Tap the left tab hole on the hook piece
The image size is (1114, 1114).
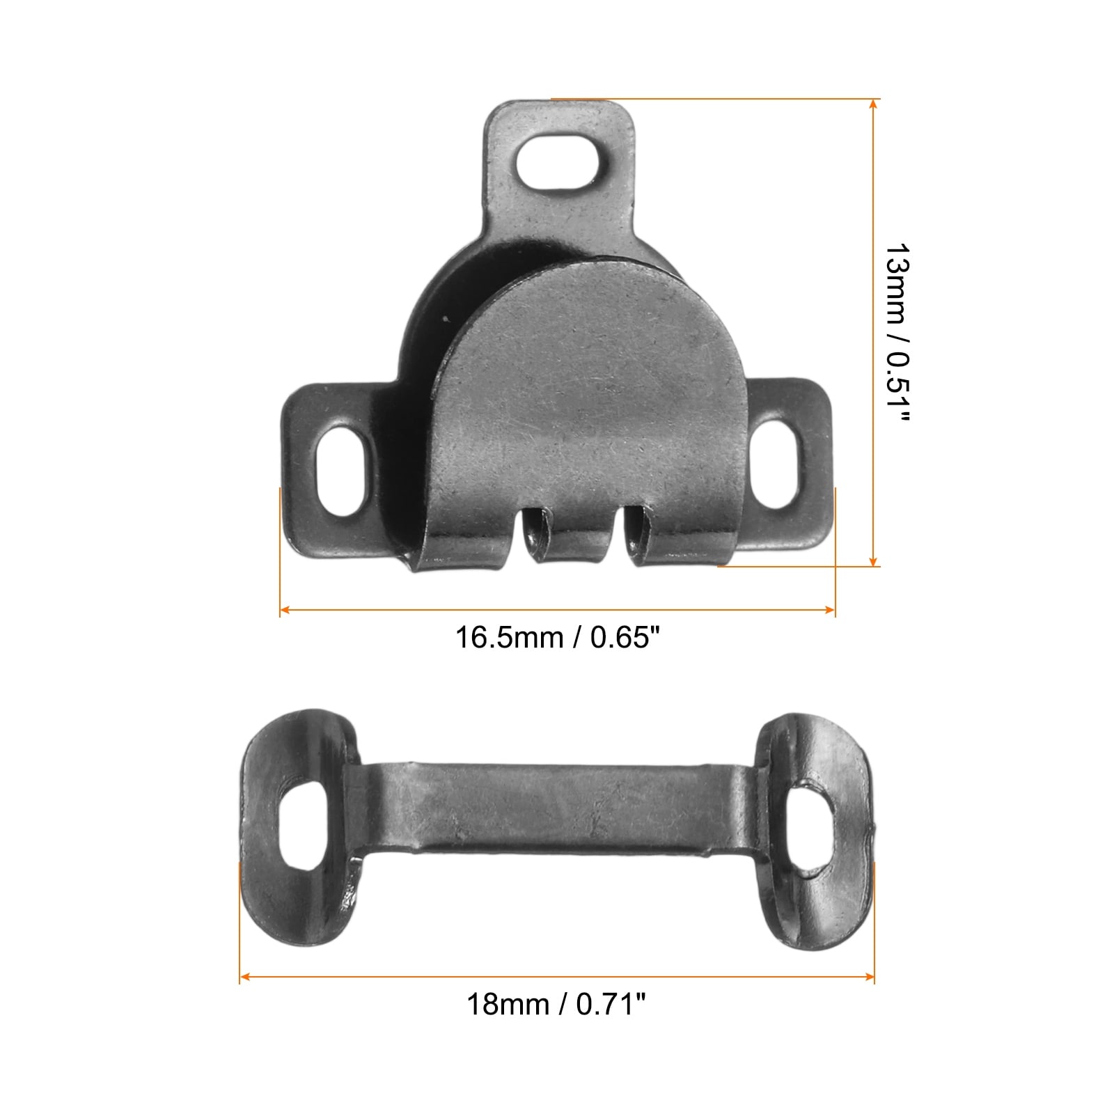[x=341, y=472]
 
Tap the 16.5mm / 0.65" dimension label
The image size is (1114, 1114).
[x=557, y=638]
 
